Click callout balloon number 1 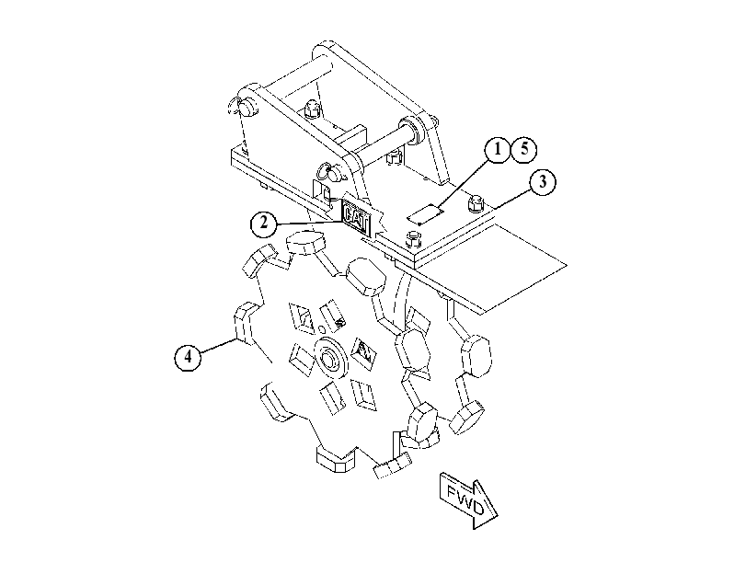coord(497,149)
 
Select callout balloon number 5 coord(523,149)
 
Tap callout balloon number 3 coord(543,182)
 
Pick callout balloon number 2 coord(264,223)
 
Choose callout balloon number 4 coord(188,356)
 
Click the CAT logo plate coord(356,217)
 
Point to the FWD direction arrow coord(468,500)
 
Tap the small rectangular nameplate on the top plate coord(425,213)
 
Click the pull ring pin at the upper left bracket coord(241,106)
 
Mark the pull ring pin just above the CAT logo coord(333,171)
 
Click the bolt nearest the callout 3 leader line coord(476,203)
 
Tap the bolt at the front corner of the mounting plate coord(414,239)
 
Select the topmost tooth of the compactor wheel coord(307,242)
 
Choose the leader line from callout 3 coord(512,198)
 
